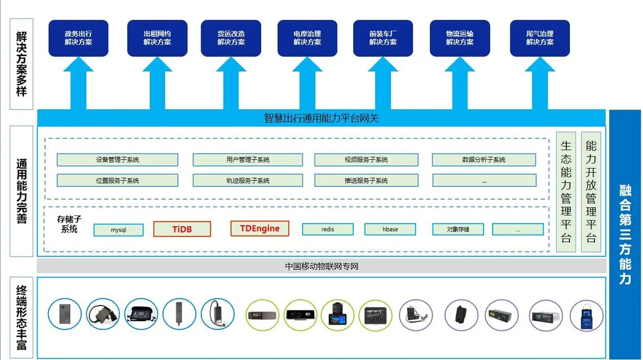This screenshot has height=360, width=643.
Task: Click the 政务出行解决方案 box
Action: [x=78, y=38]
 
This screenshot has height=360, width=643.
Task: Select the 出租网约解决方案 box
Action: [x=157, y=38]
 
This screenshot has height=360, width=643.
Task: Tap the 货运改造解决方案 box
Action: [x=231, y=38]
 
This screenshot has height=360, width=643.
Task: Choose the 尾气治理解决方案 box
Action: [x=540, y=38]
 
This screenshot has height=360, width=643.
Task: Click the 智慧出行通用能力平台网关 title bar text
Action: [x=321, y=118]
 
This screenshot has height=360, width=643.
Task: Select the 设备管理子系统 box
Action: [x=117, y=159]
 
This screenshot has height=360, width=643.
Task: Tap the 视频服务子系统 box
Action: [x=366, y=159]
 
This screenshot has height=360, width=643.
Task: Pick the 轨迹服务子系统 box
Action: [x=239, y=181]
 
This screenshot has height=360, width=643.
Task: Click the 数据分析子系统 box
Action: [x=484, y=159]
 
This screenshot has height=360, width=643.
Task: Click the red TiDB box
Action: [x=182, y=229]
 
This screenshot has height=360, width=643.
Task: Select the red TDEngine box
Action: [x=259, y=229]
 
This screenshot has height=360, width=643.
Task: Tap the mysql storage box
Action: [x=118, y=229]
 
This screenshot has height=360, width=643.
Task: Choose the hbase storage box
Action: [x=390, y=229]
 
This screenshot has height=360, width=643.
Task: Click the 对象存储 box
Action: [x=458, y=229]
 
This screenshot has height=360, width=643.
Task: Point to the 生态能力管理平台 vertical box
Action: [x=566, y=191]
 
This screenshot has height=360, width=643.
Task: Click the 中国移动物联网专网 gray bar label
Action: [x=321, y=266]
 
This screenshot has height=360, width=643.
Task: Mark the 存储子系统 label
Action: [x=69, y=224]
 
